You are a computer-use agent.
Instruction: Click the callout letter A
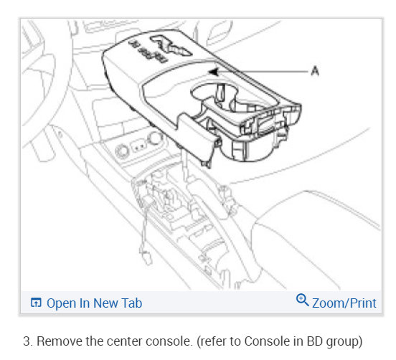click(x=315, y=71)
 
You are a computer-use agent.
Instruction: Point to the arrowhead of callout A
click(x=212, y=72)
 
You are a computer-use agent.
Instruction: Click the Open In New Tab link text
click(x=95, y=303)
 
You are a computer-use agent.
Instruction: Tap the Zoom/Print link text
click(x=344, y=303)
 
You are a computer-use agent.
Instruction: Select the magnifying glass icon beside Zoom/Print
click(x=302, y=300)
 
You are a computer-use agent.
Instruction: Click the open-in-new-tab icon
click(x=36, y=303)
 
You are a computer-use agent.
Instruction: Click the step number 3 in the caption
click(x=27, y=341)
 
